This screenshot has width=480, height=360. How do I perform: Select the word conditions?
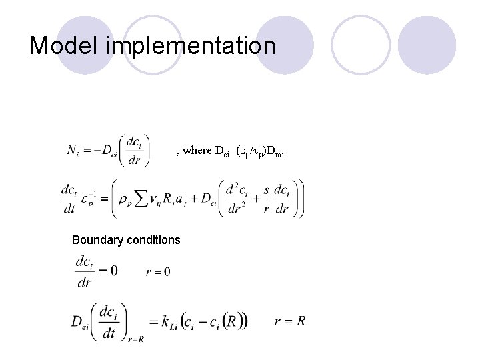pos(155,239)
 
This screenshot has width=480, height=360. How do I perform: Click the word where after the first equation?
pos(196,151)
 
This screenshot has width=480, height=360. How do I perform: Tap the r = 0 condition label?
pos(158,271)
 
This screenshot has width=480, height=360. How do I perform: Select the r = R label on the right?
pos(290,321)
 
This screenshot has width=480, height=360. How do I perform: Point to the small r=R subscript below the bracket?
pos(137,339)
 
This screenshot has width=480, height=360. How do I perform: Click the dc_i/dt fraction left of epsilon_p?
pos(68,199)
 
